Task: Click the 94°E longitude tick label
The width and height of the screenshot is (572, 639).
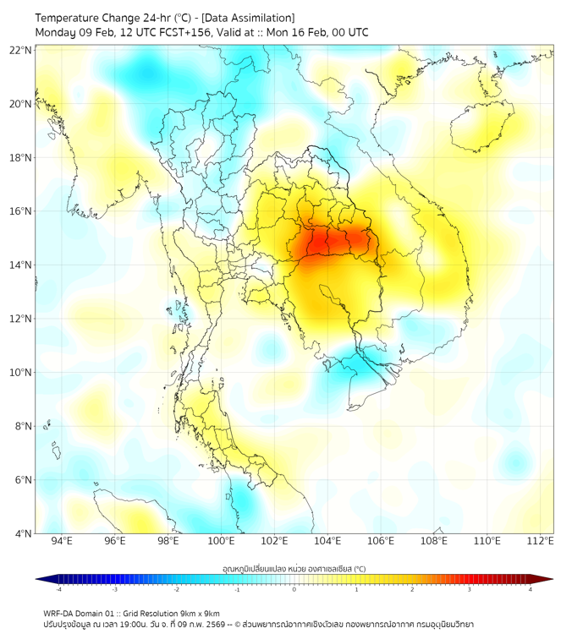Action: click(62, 541)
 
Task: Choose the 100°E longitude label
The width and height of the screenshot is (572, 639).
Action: click(221, 541)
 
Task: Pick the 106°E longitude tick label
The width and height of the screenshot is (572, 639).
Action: click(381, 541)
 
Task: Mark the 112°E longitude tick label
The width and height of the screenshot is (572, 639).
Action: click(541, 541)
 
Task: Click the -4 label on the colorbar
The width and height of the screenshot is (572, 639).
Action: click(58, 589)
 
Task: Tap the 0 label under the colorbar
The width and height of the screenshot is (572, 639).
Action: click(294, 589)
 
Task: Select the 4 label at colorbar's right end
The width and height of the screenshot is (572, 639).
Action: click(531, 589)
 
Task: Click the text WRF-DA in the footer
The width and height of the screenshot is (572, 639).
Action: click(59, 613)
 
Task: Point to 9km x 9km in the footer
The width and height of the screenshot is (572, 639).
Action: click(199, 613)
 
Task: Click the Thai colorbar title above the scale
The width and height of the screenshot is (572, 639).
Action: click(294, 568)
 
